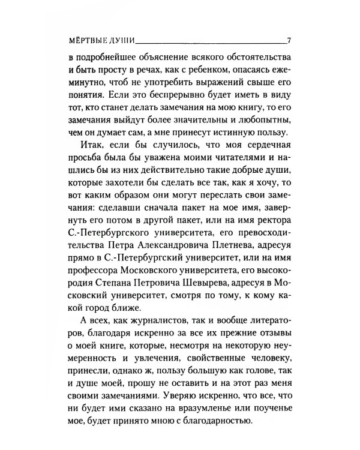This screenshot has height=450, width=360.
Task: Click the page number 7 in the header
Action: pyautogui.click(x=289, y=41)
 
